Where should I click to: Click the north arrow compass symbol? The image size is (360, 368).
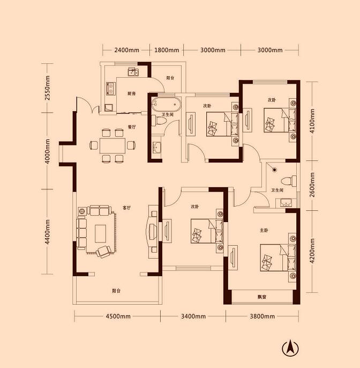coord(290,349)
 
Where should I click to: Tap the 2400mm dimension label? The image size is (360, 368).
coord(126,50)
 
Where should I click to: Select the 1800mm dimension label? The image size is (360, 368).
coord(167,50)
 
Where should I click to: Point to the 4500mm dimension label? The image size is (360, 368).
coord(118,316)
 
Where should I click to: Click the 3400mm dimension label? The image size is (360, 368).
coord(193,316)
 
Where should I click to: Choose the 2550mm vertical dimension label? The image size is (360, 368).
coord(47,88)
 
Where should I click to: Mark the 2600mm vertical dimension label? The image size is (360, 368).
coord(312,185)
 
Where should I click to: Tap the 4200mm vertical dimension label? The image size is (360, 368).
coord(312,251)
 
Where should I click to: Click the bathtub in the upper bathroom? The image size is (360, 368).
coord(166,104)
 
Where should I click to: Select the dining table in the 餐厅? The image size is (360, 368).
coord(112,145)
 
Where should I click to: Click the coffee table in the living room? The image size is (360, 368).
coord(100,233)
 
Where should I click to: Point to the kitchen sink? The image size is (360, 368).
coord(133,71)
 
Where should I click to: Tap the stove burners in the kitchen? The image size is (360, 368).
coord(110,88)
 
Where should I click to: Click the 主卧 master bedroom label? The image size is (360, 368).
coord(264,230)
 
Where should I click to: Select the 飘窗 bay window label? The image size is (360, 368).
coord(262,297)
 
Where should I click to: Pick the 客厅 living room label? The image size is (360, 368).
coord(126,208)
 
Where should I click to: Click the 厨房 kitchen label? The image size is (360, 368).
coord(132,93)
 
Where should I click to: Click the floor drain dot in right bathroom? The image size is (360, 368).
coord(274,170)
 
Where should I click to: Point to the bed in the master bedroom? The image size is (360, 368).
coord(278,257)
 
